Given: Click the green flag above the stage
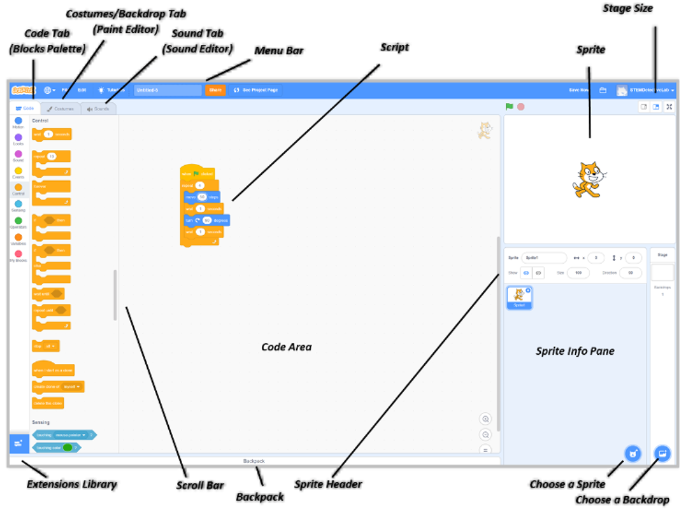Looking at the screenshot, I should point(509,106).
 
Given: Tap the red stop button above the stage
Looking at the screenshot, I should point(521,106).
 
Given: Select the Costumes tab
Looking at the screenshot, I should point(61,108).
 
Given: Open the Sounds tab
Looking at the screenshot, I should point(98,108).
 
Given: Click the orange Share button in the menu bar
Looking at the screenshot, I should point(215,90).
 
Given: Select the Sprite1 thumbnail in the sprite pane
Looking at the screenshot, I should point(519,297).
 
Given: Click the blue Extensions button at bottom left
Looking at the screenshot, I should point(18,443).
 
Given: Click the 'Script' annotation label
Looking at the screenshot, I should point(394,48).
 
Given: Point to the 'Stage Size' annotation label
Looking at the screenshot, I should point(628,9).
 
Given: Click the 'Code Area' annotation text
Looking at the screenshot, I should point(286,347).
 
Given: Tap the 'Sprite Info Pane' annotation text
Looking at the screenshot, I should point(575,351).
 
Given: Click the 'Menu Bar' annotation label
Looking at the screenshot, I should point(279,51).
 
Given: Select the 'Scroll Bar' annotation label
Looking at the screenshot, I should point(200,486).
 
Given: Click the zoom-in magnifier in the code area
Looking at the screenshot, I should point(485,419).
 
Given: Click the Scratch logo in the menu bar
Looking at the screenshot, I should point(23,90).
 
